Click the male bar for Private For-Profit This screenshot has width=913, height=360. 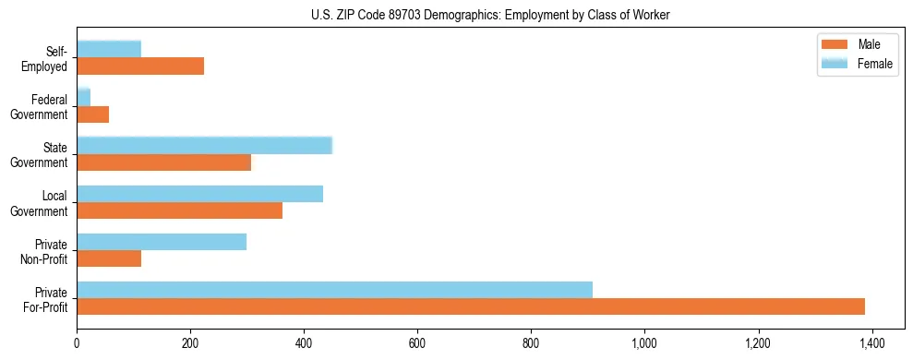pos(471,306)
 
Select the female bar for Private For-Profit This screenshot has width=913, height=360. pos(334,290)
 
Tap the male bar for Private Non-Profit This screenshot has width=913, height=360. pos(109,258)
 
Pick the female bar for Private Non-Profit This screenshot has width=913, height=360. pos(162,242)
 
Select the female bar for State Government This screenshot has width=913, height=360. pos(204,146)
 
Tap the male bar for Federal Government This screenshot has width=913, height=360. pos(92,114)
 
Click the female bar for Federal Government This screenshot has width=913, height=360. pos(83,97)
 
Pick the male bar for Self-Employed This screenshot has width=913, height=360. pos(140,66)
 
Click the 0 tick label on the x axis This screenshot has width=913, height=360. pos(77,343)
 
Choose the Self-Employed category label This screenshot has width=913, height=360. pos(50,58)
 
